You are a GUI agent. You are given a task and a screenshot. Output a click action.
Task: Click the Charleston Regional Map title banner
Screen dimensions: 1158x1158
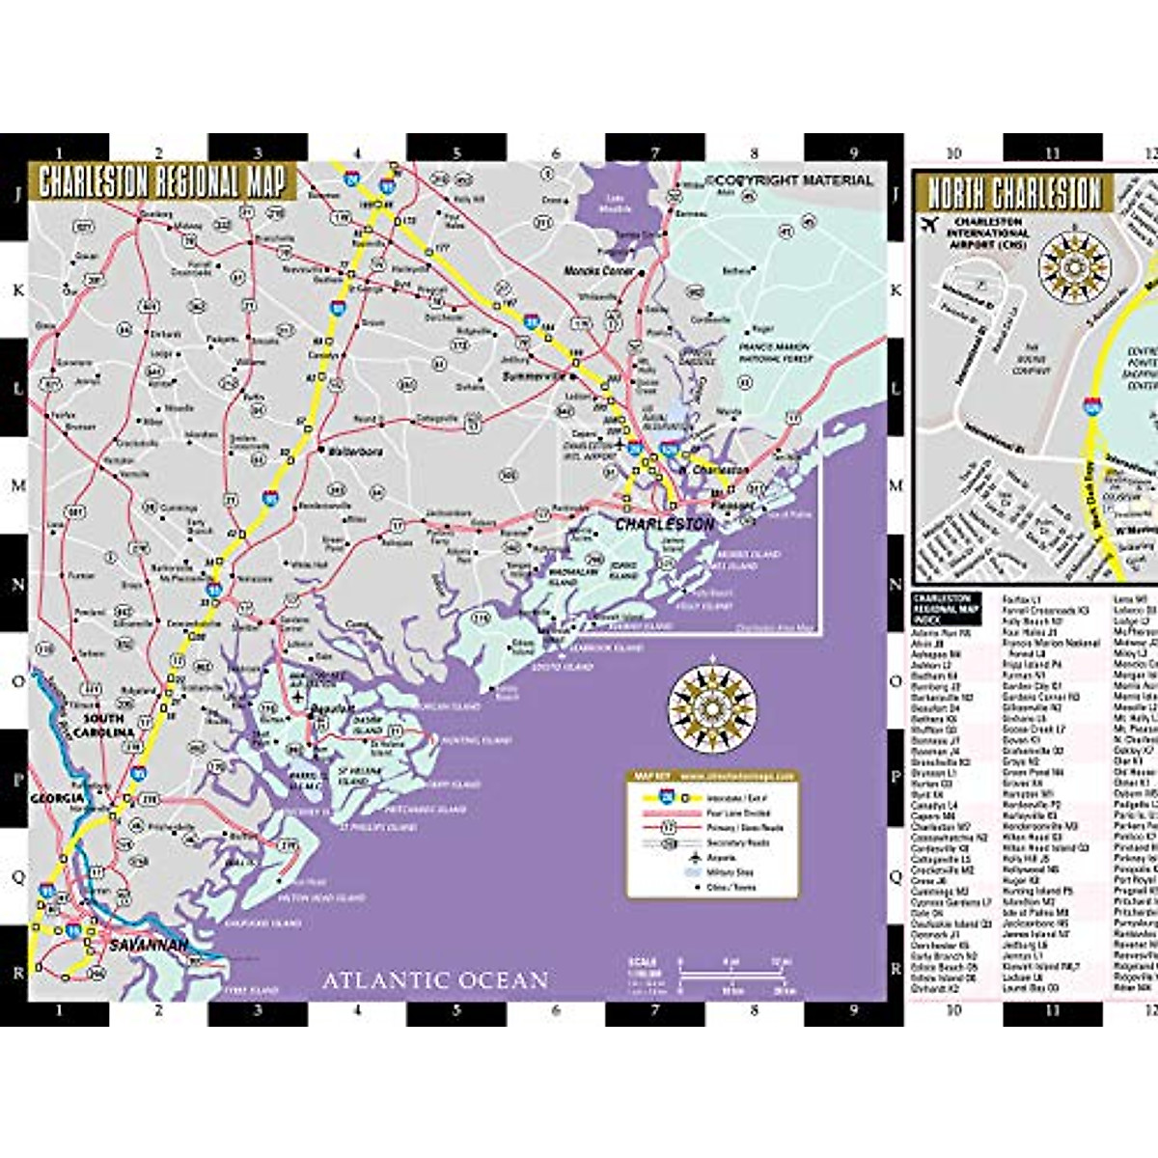pos(162,181)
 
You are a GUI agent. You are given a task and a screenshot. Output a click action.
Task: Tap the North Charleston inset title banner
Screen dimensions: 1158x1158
pos(1014,192)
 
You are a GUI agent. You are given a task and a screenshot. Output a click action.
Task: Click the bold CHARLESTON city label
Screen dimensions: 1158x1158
pos(666,524)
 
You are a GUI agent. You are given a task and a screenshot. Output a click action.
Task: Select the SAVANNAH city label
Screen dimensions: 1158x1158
pos(148,946)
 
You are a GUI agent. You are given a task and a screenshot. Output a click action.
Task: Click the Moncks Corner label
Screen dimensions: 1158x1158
pos(599,271)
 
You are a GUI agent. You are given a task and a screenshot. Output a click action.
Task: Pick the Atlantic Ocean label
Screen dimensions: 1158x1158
pos(435,980)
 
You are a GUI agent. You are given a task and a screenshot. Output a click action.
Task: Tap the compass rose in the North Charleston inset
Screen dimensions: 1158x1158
pos(1074,260)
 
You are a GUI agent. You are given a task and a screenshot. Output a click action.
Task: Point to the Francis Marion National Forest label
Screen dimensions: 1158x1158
pos(775,352)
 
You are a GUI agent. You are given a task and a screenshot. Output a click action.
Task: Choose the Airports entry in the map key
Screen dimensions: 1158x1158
pos(721,858)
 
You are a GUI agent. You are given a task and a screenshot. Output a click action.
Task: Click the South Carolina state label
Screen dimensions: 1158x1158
pos(104,726)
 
